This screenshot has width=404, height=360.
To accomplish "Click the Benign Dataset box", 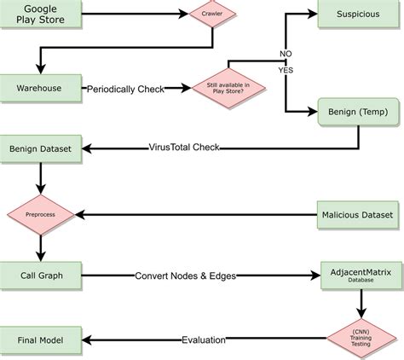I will coord(40,148).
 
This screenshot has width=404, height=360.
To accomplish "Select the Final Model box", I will coord(41,340).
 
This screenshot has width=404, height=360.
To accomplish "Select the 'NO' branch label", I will coord(286,53).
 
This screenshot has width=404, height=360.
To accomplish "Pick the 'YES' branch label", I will coord(287,69).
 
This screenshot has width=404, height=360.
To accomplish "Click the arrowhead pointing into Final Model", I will coord(89,340).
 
